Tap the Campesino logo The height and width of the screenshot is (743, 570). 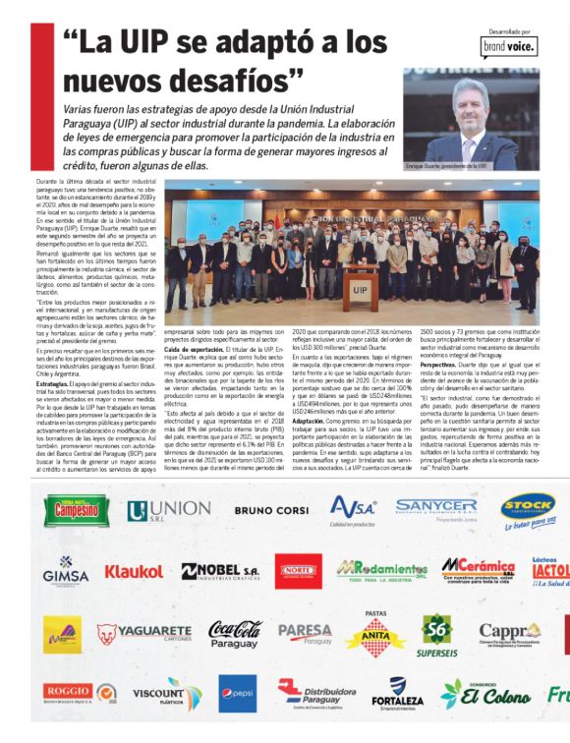pos(78,510)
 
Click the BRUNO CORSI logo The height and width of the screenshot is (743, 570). pos(270,510)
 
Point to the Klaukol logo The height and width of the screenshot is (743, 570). pos(134,571)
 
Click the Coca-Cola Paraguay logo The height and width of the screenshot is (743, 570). pos(235,633)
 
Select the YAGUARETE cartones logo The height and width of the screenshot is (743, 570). pos(144,632)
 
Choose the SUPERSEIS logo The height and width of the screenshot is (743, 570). pos(436,634)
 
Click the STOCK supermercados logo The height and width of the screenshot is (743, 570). pos(529,509)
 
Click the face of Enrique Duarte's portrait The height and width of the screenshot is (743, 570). pos(474,105)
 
